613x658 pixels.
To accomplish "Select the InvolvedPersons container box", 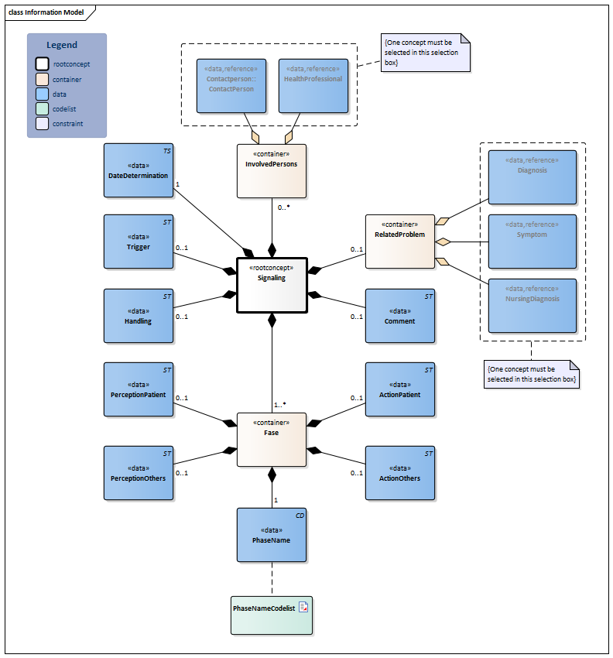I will click(272, 170).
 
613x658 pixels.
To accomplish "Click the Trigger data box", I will click(139, 242).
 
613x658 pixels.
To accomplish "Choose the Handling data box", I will click(139, 315).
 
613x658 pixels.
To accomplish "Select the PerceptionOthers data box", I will click(139, 472).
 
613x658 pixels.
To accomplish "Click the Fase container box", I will click(272, 440).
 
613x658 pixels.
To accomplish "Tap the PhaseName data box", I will click(272, 534).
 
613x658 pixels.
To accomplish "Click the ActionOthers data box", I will click(399, 472).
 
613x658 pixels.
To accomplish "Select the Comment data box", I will click(399, 315).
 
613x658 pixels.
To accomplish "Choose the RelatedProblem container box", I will click(399, 241).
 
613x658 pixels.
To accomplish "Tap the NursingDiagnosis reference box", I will click(532, 305).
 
